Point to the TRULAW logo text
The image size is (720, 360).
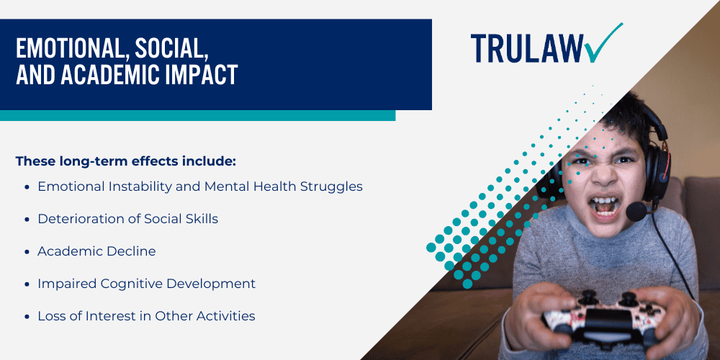point(527,48)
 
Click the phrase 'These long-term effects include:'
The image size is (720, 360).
point(125,161)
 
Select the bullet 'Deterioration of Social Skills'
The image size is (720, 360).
point(127,219)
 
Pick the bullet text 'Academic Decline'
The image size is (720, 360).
point(96,251)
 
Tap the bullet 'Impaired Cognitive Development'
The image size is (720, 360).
point(146,284)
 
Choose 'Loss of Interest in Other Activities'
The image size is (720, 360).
point(146,316)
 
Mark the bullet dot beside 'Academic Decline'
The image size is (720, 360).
point(27,252)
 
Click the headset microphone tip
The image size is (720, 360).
point(636,211)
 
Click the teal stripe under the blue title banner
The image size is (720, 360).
point(197,115)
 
